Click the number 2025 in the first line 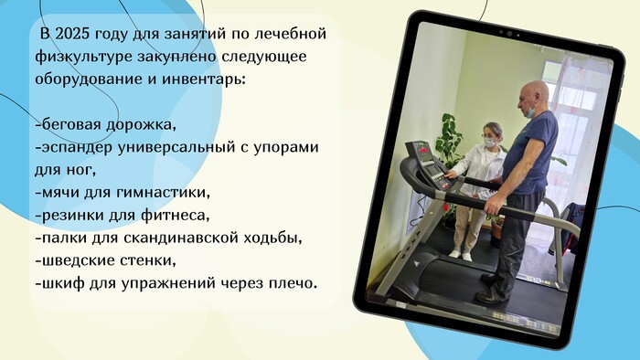click(72, 34)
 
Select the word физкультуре click(84, 58)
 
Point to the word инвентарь click(204, 79)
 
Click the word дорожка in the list click(141, 125)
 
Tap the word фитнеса click(176, 215)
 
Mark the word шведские click(75, 260)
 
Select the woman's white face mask click(489, 143)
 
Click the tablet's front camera click(509, 34)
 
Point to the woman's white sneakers click(461, 255)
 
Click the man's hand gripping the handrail click(493, 204)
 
